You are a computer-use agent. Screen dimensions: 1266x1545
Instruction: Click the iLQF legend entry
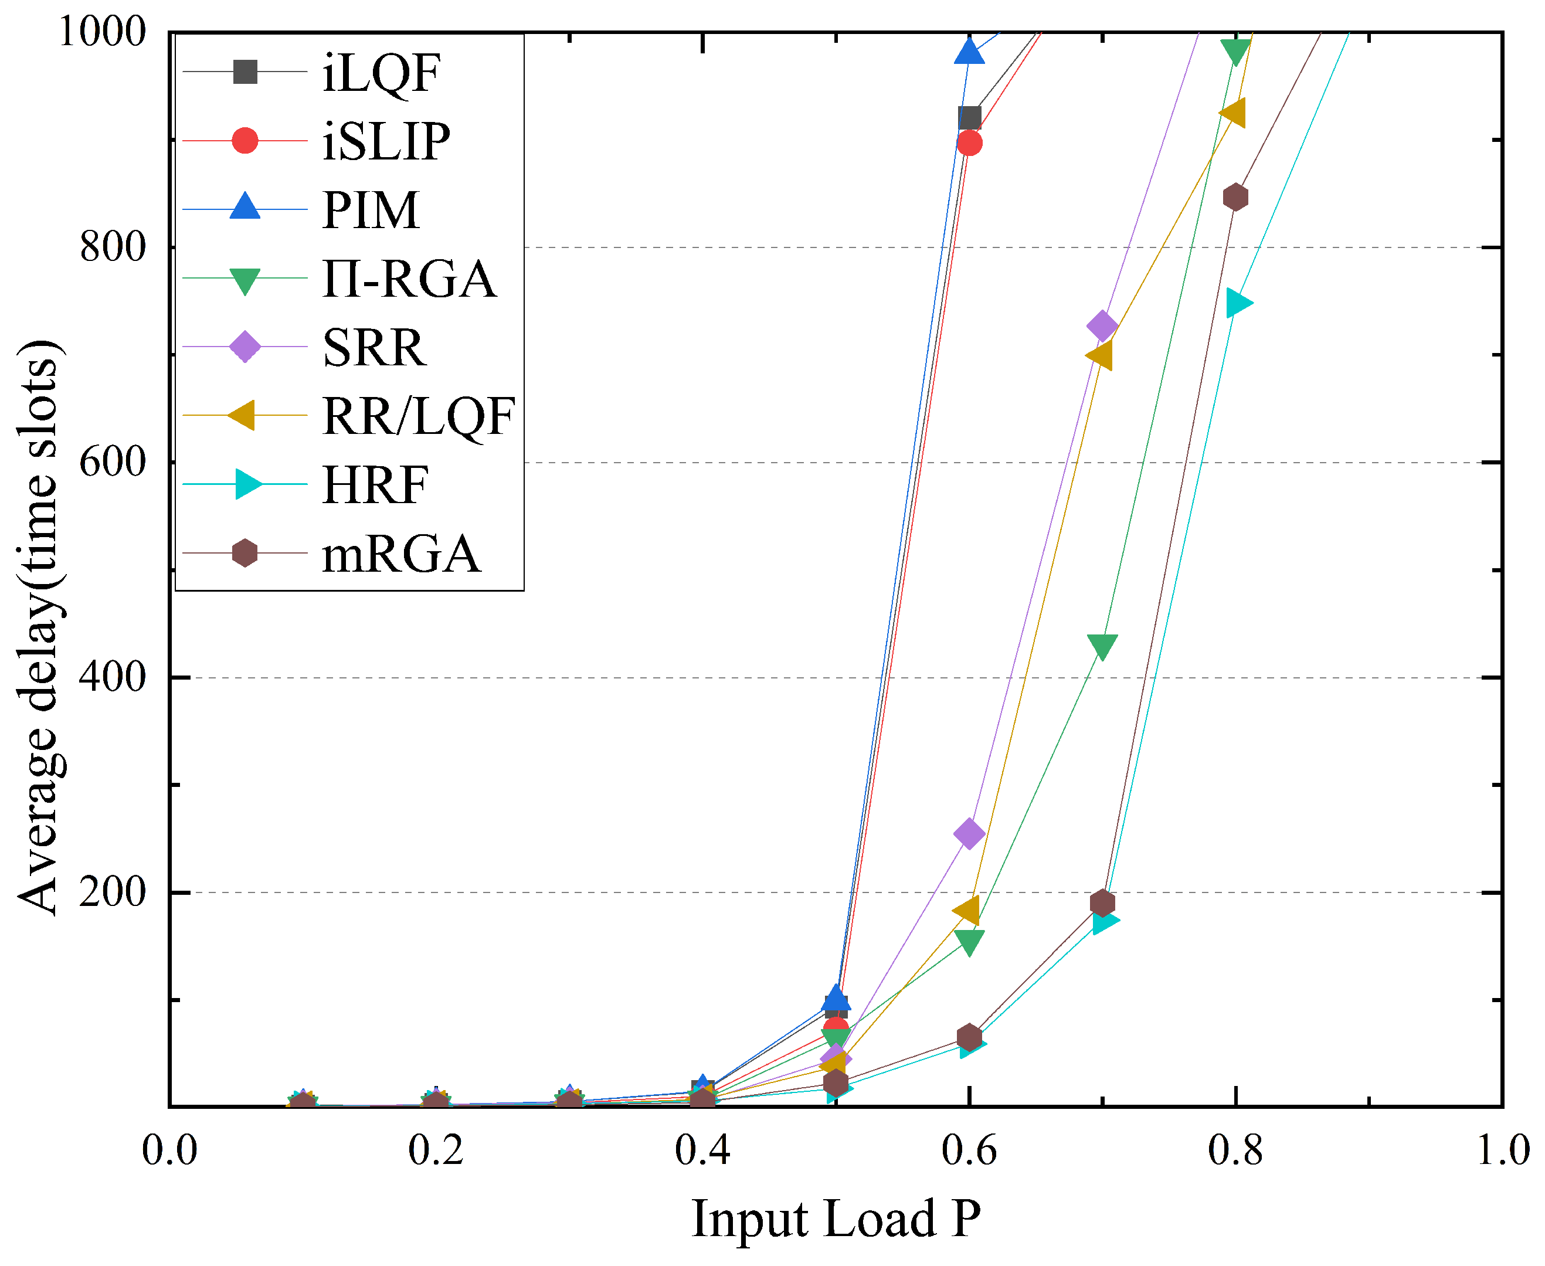[381, 73]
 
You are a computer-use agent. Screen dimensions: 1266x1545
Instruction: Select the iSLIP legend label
[386, 141]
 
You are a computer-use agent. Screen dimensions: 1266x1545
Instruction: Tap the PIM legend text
[371, 210]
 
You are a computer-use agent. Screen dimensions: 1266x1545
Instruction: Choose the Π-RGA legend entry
[409, 279]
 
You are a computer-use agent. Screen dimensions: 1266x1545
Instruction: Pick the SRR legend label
[373, 348]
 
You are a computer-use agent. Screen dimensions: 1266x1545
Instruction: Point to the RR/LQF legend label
[419, 416]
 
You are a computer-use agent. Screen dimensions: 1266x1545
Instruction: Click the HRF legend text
[375, 485]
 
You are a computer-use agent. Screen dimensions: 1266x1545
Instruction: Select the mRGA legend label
[401, 554]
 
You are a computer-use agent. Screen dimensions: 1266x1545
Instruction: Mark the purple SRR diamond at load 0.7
[1102, 326]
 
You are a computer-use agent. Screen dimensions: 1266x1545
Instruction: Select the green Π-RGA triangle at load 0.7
[1102, 646]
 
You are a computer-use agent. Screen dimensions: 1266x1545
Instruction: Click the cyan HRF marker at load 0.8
[1237, 303]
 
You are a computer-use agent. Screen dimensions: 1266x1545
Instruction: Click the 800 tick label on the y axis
[113, 247]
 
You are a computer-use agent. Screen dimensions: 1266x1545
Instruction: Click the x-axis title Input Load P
[836, 1219]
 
